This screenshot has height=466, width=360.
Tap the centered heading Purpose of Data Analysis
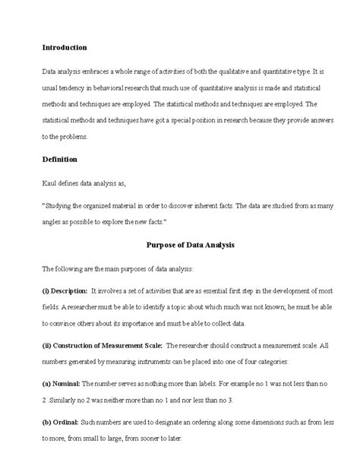coord(190,246)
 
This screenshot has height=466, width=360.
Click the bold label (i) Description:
coord(65,291)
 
